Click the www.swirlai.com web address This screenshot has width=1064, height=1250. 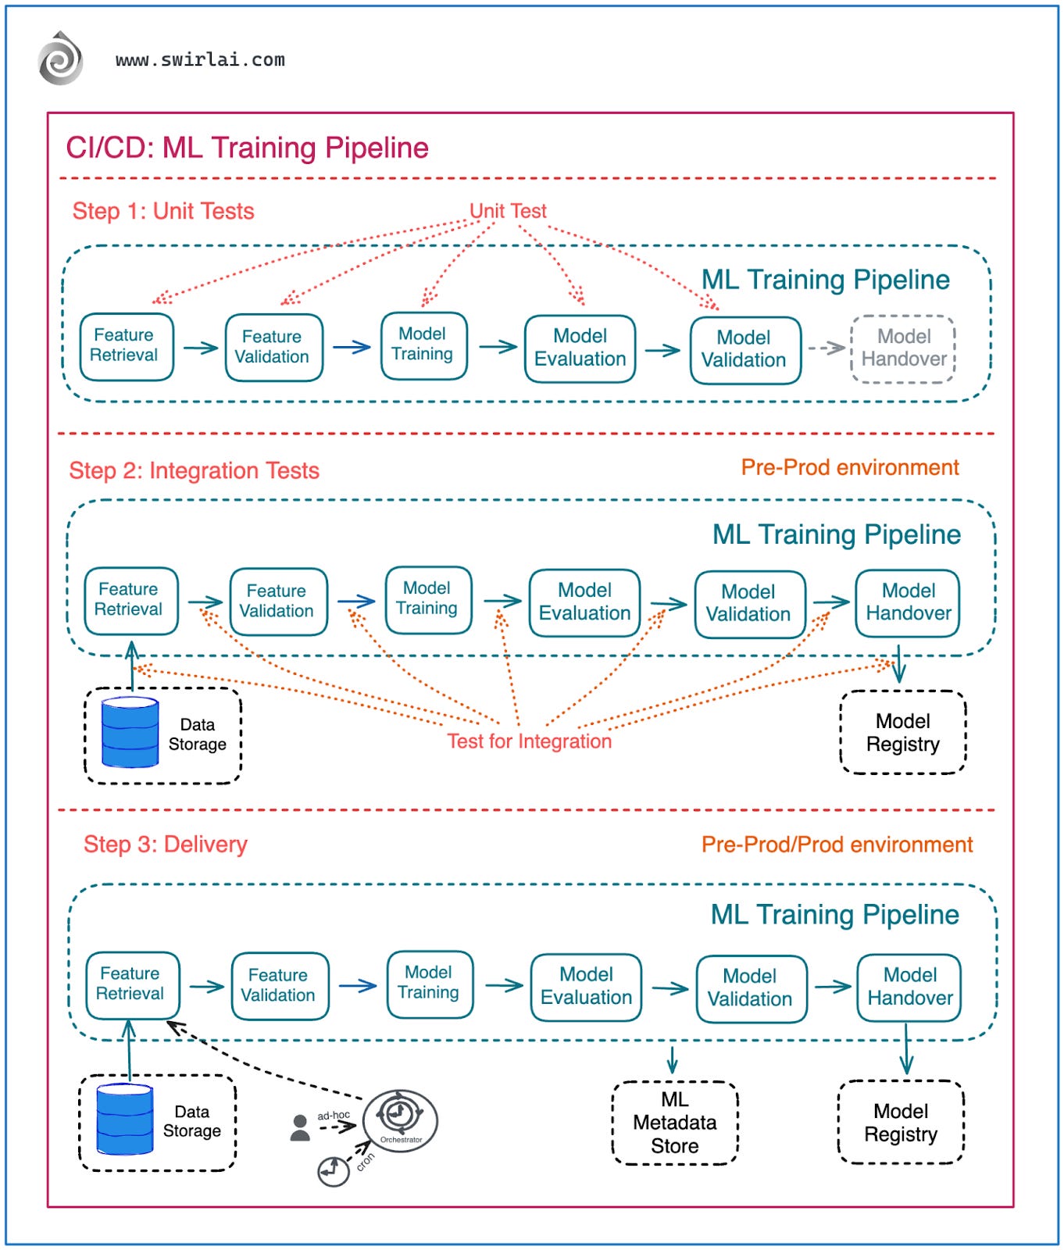tap(200, 60)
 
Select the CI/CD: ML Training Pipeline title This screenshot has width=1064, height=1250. tap(247, 148)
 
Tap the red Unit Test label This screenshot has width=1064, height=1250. tap(508, 211)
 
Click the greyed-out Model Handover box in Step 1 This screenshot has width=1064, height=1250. tap(903, 348)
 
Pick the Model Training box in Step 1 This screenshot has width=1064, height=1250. tap(423, 345)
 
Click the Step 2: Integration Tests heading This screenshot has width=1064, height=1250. tap(194, 470)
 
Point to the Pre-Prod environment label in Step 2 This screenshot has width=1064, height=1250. tap(849, 467)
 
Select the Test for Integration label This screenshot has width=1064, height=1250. tap(529, 741)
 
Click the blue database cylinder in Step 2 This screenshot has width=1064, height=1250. tap(130, 732)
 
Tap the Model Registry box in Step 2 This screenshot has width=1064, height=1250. tap(902, 732)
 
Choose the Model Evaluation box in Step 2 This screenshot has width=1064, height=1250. tap(584, 602)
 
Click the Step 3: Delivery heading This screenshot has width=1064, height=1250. tap(165, 845)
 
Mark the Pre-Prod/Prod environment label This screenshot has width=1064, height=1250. tap(837, 845)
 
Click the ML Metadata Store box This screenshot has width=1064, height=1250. tap(674, 1123)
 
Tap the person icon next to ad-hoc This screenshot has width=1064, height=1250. tap(300, 1127)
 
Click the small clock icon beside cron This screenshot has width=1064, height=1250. tap(333, 1171)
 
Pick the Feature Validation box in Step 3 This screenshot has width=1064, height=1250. tap(279, 986)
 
